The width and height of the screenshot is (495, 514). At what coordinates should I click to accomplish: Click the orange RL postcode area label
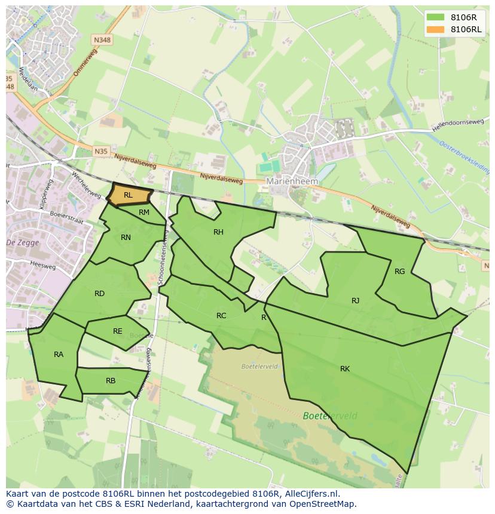point(128,195)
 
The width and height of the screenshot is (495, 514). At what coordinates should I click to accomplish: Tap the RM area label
point(144,213)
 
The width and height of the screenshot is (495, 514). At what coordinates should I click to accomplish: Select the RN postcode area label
point(126,238)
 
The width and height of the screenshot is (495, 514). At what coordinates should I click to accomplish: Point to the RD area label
point(99,294)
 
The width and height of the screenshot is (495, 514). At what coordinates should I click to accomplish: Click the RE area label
point(118,331)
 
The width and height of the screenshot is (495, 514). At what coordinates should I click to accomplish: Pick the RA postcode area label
point(59,355)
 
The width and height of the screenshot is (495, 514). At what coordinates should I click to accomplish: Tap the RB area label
point(111,381)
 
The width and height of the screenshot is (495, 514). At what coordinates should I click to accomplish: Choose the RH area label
point(218,232)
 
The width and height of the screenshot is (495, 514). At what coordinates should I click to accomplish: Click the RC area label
point(221,316)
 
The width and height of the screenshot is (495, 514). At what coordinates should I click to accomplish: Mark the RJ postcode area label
point(356,301)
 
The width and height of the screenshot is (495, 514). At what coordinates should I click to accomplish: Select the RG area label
point(400,272)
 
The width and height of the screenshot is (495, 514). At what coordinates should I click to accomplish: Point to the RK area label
point(345,369)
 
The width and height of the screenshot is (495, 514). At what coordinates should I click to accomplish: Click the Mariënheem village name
point(292,181)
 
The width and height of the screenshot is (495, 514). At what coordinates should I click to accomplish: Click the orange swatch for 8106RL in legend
point(436,29)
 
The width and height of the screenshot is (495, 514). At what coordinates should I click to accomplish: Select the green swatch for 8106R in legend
point(436,17)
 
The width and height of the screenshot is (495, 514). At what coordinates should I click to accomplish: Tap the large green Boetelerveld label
point(330,416)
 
